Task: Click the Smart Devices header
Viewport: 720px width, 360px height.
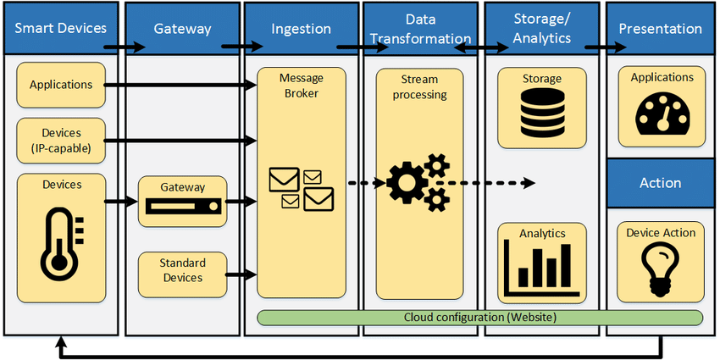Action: click(60, 28)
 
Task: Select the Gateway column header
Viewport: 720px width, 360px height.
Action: click(182, 29)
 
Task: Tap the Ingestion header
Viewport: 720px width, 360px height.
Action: click(301, 29)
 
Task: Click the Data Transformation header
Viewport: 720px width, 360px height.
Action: click(420, 28)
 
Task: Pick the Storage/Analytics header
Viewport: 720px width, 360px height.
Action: click(542, 28)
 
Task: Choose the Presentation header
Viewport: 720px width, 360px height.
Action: click(661, 29)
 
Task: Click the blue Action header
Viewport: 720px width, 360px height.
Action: click(661, 183)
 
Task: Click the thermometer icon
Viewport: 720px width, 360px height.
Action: click(60, 246)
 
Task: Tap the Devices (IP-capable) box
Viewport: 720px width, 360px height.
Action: click(61, 141)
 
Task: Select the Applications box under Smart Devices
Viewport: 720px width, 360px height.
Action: click(61, 85)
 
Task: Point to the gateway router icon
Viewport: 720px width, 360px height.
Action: click(182, 206)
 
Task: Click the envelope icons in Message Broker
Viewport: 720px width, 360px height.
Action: click(301, 188)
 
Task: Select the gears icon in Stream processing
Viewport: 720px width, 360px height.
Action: click(418, 183)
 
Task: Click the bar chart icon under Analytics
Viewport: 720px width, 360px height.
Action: click(541, 266)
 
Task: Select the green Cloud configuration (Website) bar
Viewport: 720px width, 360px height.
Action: click(479, 317)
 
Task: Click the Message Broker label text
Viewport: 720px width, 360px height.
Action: click(301, 85)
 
